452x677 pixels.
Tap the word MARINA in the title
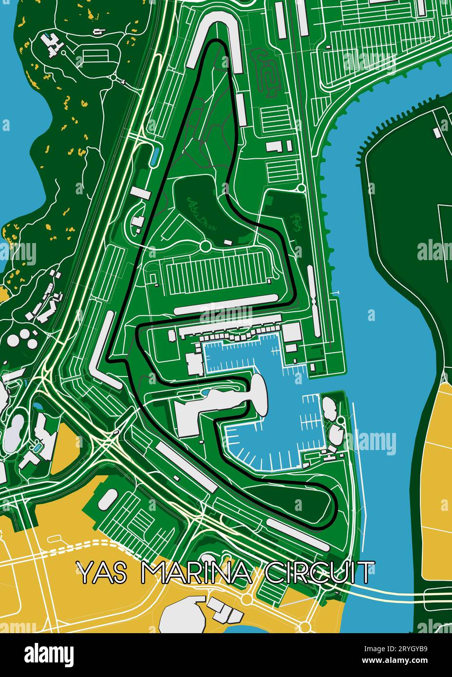click(x=196, y=572)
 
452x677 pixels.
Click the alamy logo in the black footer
click(x=49, y=655)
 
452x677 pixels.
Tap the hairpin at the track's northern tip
click(x=215, y=44)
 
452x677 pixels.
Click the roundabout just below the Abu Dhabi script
click(x=205, y=246)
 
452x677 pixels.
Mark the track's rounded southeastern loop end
click(x=331, y=507)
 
